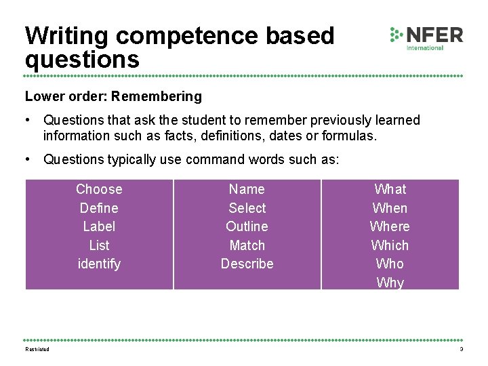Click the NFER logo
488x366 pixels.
click(426, 37)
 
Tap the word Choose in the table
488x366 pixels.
click(99, 189)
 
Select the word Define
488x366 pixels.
click(99, 208)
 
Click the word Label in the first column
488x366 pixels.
click(99, 226)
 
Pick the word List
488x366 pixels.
click(99, 245)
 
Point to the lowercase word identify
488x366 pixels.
click(99, 264)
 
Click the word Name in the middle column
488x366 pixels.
click(247, 189)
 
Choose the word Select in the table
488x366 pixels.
click(247, 208)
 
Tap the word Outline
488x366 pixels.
click(247, 226)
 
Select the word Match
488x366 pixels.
click(247, 245)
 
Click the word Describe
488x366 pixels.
click(247, 264)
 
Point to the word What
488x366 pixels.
click(390, 189)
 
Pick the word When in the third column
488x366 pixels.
click(390, 208)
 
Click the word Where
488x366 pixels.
click(390, 226)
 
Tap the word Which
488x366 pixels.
click(390, 245)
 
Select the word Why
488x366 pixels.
click(390, 283)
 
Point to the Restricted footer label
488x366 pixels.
click(37, 349)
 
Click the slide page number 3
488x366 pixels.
click(461, 349)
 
